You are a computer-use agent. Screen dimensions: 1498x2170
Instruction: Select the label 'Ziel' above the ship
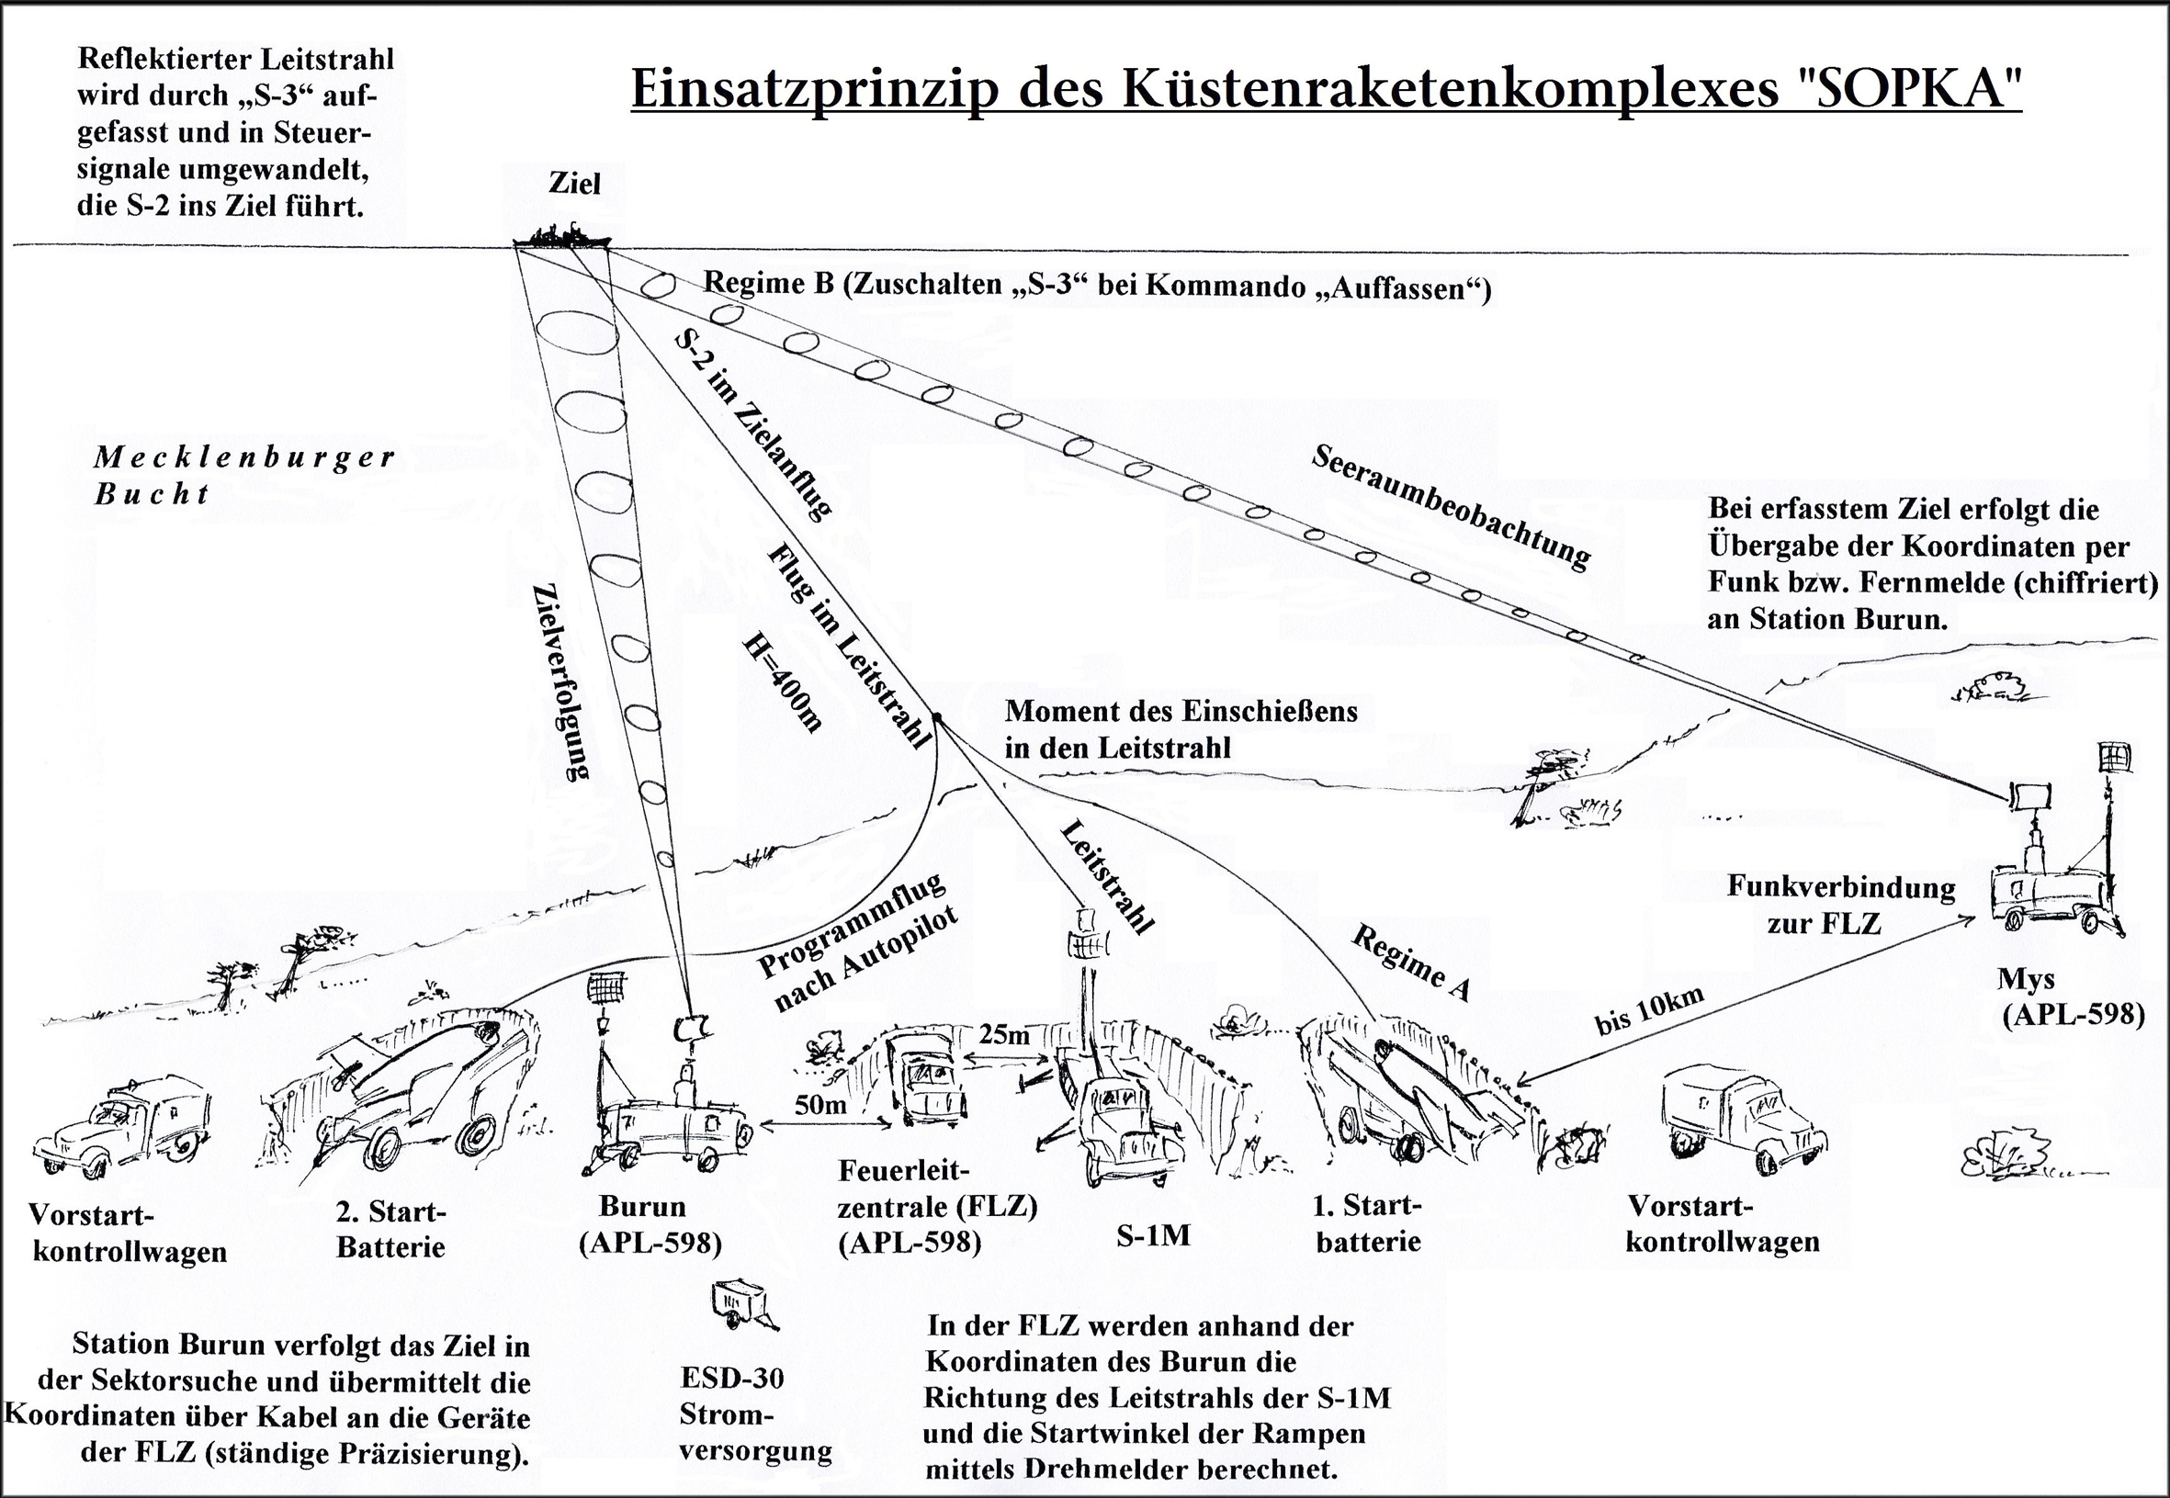point(574,183)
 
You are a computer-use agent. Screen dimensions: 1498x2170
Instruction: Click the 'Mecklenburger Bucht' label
point(244,475)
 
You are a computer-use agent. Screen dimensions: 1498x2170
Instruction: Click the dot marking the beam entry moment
point(936,718)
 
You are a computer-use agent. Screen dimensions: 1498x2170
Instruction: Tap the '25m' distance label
point(1003,1035)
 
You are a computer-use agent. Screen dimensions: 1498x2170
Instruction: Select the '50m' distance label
point(820,1105)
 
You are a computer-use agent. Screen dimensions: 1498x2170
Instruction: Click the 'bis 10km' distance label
point(1649,1012)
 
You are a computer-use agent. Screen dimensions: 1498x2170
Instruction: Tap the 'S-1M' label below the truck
point(1153,1235)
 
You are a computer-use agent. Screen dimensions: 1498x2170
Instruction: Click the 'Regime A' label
point(1411,961)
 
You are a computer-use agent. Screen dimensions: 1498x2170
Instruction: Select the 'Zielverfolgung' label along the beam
point(560,681)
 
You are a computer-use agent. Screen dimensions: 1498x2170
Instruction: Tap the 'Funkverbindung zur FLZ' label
point(1827,906)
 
